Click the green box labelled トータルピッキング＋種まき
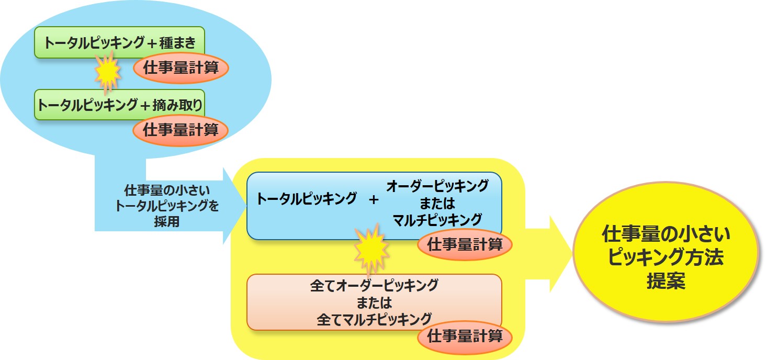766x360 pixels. tap(119, 42)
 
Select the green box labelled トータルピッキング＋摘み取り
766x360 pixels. tap(119, 104)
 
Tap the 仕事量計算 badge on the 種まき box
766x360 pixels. tap(181, 67)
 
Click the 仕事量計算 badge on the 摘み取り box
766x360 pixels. tap(181, 130)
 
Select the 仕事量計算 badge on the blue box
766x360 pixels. tap(465, 244)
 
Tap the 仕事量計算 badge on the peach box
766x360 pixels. tap(465, 336)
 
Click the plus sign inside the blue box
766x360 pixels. tap(374, 199)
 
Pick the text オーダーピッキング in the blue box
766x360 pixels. tap(437, 186)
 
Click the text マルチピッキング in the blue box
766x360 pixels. tap(437, 218)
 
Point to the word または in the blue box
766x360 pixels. tap(437, 202)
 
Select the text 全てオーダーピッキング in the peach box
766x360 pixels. tap(374, 286)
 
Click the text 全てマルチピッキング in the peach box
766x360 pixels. tap(374, 319)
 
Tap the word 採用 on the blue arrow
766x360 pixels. tap(167, 221)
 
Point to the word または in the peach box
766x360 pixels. tap(374, 302)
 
